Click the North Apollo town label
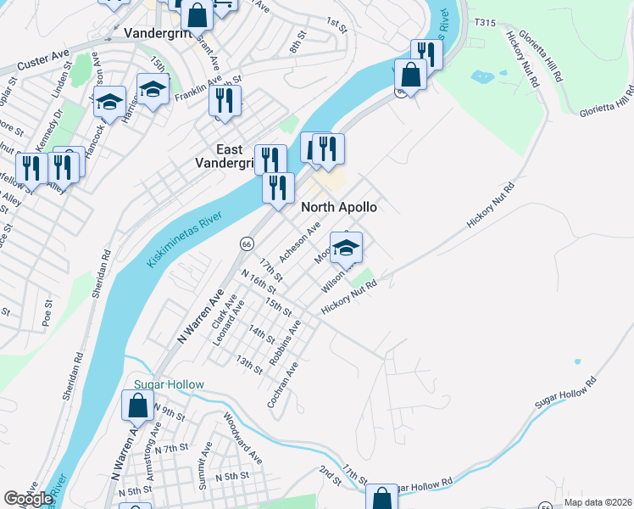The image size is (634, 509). tap(339, 207)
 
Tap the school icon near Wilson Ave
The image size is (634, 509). tap(346, 248)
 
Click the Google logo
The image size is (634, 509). tap(28, 498)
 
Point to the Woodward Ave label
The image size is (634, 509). tap(243, 437)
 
